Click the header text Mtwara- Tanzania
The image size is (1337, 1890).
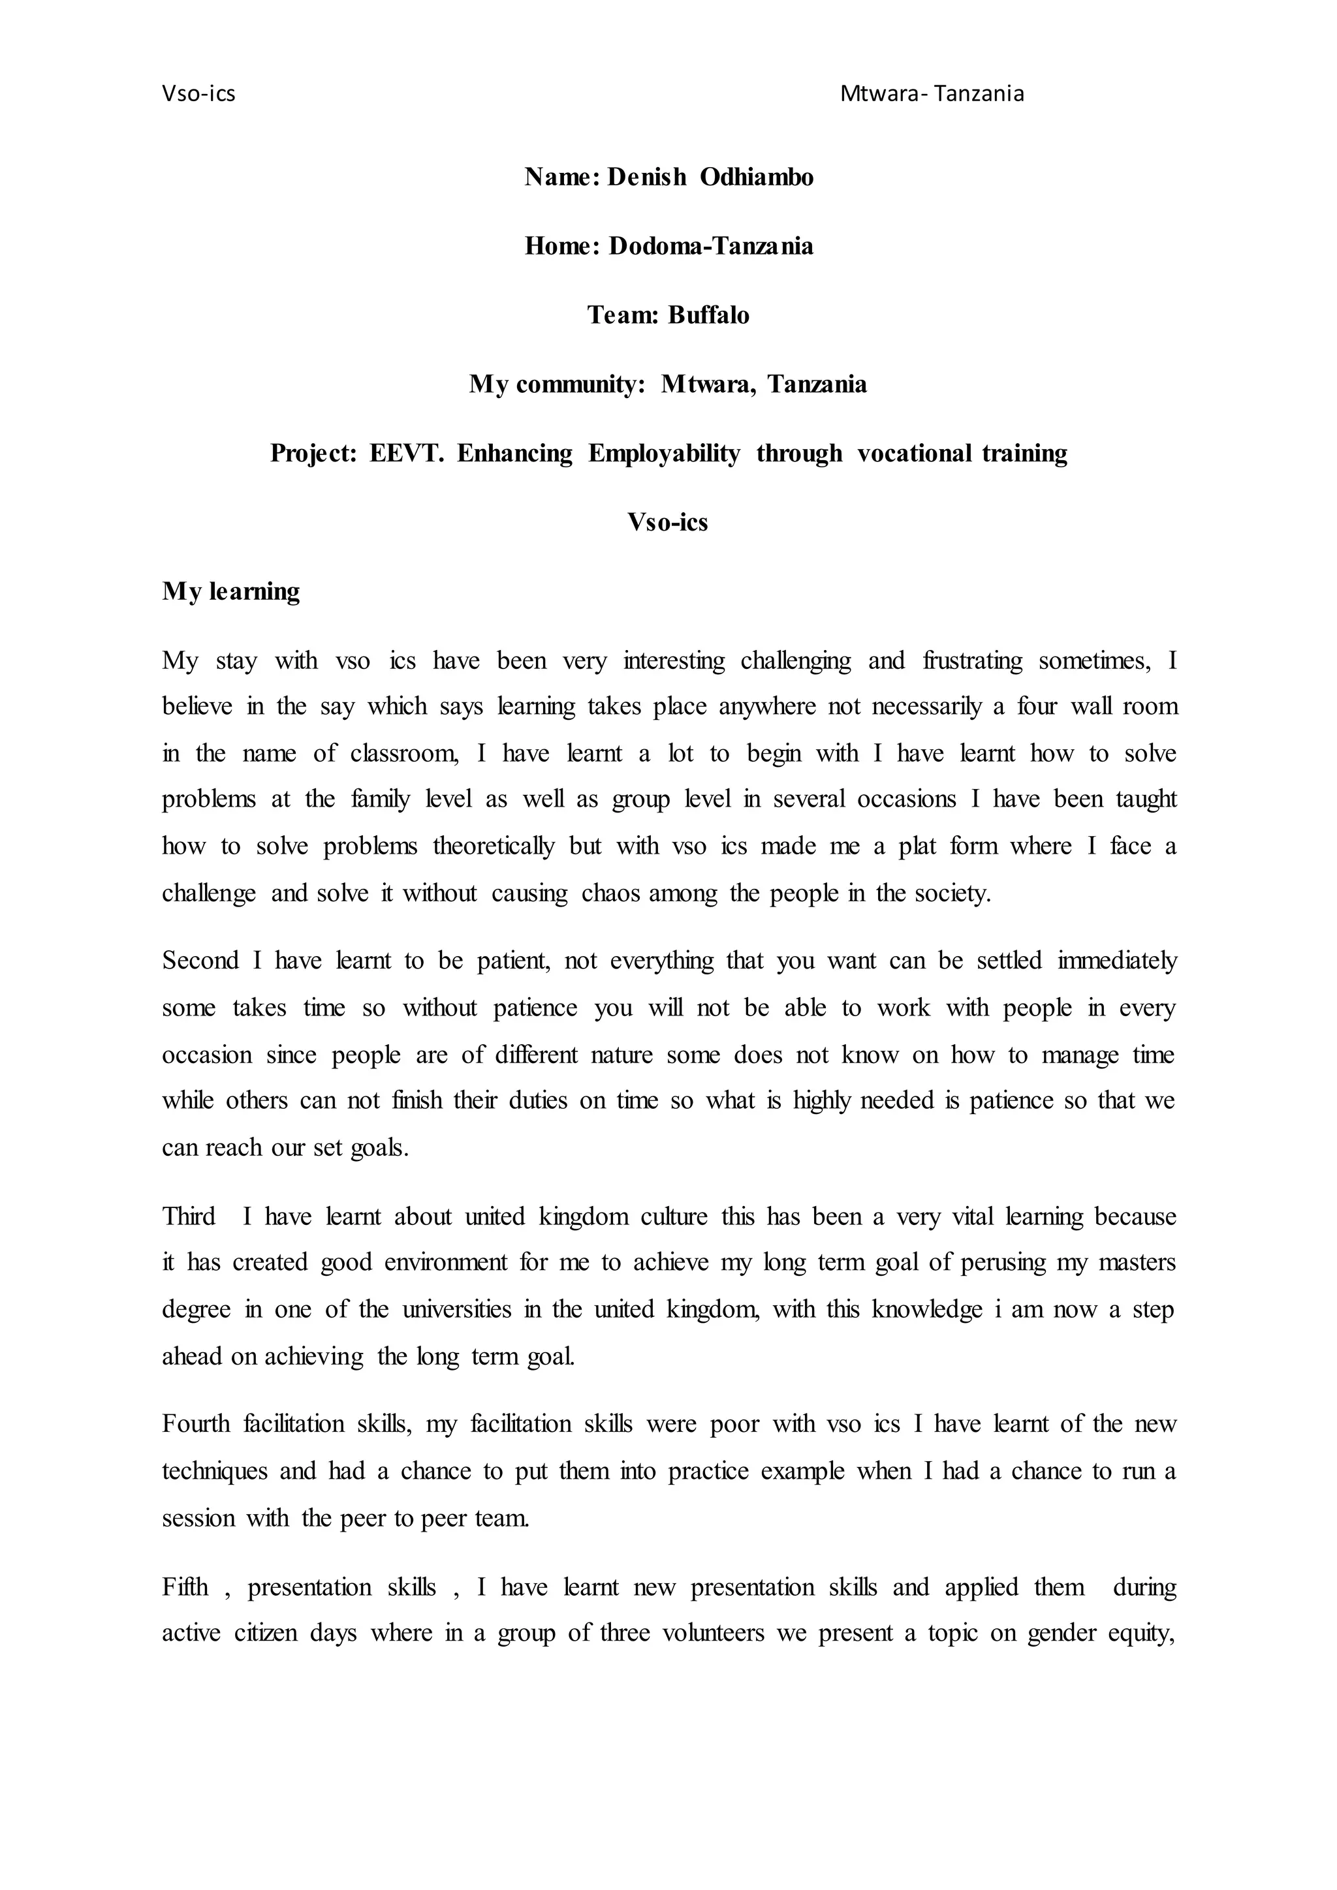coord(932,94)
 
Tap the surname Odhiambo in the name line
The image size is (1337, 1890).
coord(757,177)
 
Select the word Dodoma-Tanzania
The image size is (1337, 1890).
coord(710,246)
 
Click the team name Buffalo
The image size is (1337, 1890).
coord(708,315)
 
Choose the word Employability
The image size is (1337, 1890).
coord(663,454)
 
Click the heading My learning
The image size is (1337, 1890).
coord(230,591)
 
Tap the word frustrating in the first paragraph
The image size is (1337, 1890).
coord(972,660)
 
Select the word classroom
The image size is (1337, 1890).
coord(403,753)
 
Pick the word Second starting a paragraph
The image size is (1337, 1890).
coord(200,961)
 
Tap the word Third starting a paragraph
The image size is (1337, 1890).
coord(189,1216)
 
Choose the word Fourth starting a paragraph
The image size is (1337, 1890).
coord(196,1424)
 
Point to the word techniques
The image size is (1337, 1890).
coord(215,1471)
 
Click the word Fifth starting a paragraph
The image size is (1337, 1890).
coord(185,1587)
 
